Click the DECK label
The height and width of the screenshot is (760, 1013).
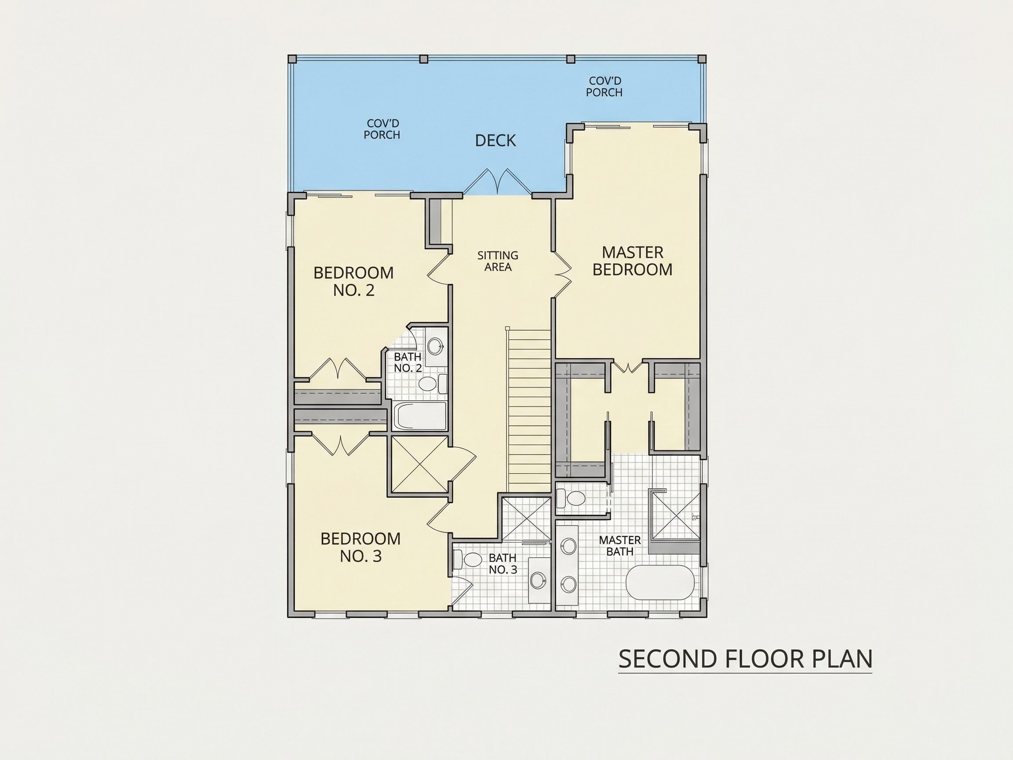click(x=496, y=141)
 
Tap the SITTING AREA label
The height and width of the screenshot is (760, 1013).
click(x=498, y=261)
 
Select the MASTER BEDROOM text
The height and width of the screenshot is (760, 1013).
click(x=632, y=261)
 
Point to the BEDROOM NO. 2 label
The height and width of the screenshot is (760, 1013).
click(x=353, y=281)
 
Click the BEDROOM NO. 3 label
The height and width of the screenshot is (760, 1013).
click(x=361, y=547)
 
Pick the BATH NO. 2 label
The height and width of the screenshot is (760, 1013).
click(x=408, y=362)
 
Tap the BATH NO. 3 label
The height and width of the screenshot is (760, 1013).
click(x=503, y=563)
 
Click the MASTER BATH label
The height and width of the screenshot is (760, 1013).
click(x=619, y=546)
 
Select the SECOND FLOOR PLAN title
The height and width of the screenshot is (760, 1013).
click(x=745, y=659)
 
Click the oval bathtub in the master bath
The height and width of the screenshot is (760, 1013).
click(x=660, y=582)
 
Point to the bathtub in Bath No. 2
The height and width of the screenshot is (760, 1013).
click(x=419, y=417)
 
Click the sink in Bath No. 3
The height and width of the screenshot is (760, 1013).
click(x=538, y=580)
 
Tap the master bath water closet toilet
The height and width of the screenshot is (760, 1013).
click(x=572, y=497)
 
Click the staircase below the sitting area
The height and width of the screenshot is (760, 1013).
click(x=529, y=410)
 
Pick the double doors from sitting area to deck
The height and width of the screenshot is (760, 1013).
click(x=497, y=182)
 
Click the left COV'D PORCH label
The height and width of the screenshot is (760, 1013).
click(x=382, y=129)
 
